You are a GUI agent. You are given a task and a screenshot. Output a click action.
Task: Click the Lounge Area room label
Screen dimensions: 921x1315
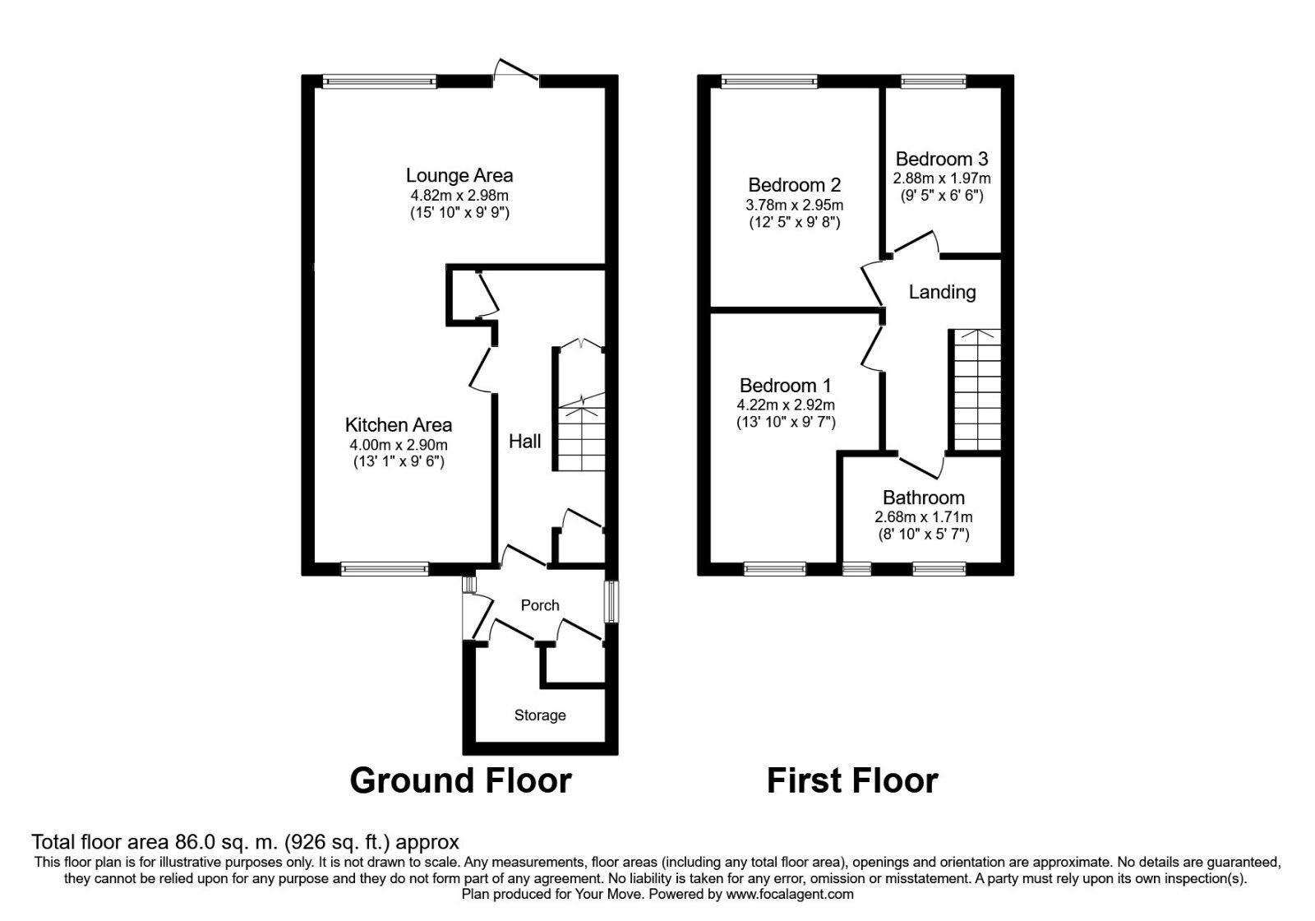coord(459,175)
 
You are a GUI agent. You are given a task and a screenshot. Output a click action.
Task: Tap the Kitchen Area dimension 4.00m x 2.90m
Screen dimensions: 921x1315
coord(398,445)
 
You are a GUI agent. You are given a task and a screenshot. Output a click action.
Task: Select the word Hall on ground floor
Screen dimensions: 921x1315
coord(524,442)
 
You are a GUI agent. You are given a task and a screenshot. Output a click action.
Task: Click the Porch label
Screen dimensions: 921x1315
coord(540,605)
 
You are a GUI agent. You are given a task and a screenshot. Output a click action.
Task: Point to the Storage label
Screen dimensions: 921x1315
coord(540,715)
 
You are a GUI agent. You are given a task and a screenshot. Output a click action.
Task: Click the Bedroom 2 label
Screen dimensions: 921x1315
coord(794,185)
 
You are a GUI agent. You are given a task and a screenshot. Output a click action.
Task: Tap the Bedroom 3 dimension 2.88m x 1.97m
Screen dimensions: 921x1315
coord(942,178)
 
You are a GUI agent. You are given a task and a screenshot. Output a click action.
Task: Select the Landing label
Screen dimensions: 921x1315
coord(942,292)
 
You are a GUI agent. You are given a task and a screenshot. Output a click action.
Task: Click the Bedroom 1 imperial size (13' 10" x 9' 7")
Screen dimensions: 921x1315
coord(786,423)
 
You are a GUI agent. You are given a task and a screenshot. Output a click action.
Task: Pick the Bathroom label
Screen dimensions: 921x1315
coord(923,498)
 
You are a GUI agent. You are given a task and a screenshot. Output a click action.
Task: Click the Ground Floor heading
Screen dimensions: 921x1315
coord(460,780)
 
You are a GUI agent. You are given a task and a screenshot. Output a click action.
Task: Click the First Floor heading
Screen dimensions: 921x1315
coord(852,780)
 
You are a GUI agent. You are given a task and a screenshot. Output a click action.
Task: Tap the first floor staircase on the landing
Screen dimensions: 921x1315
coord(976,390)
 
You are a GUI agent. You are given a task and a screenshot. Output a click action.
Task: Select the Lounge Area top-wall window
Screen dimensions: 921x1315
coord(379,81)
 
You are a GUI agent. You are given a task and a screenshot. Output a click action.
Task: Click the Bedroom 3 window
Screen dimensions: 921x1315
coord(933,81)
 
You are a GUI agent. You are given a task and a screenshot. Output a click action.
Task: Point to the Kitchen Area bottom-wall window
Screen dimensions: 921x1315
coord(385,568)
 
